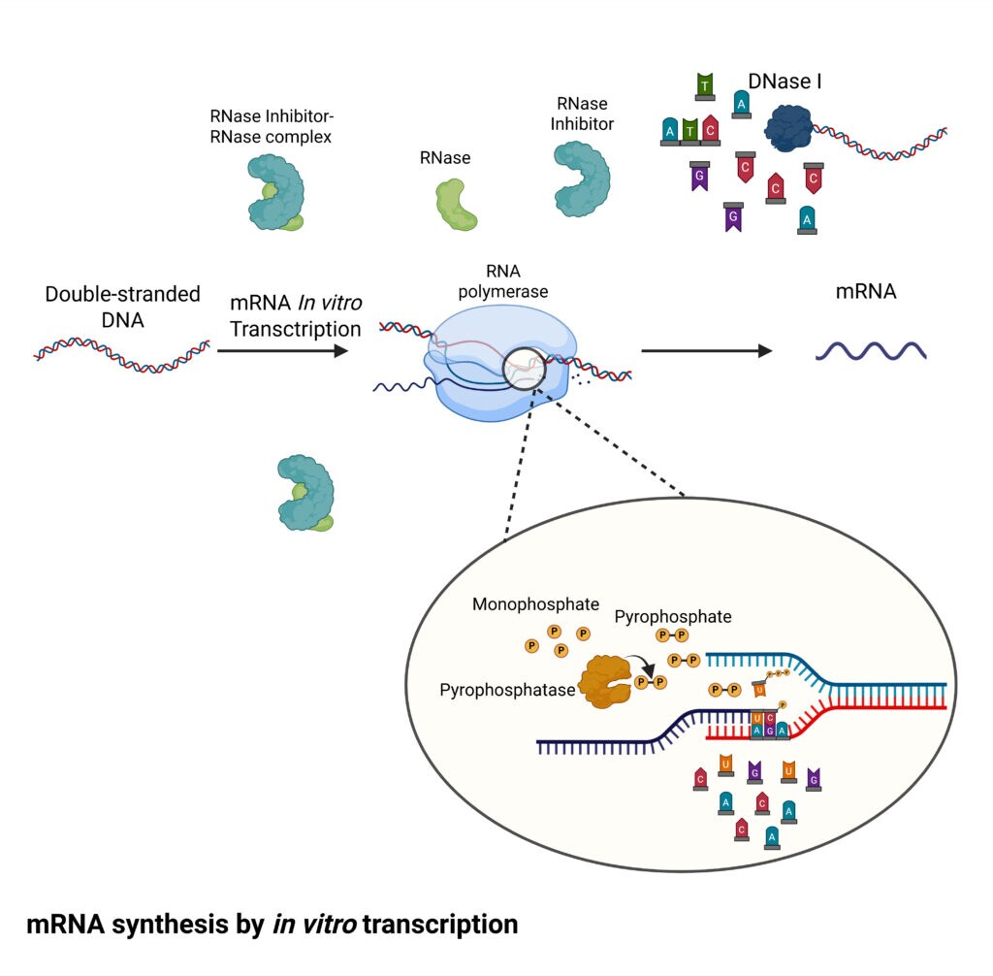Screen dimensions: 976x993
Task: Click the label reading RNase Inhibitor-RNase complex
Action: [x=271, y=126]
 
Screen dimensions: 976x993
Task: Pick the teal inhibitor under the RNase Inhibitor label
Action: [x=583, y=179]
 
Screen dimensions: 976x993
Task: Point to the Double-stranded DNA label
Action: [x=122, y=307]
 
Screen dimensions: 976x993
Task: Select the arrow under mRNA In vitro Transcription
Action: [x=282, y=351]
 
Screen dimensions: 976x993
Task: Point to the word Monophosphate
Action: [x=535, y=604]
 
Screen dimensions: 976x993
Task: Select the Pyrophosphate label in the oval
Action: [x=673, y=616]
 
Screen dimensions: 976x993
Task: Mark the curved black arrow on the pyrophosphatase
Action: [x=642, y=665]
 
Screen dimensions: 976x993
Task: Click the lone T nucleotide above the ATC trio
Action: [x=705, y=86]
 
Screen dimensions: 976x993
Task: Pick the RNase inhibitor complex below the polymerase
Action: [x=306, y=494]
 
